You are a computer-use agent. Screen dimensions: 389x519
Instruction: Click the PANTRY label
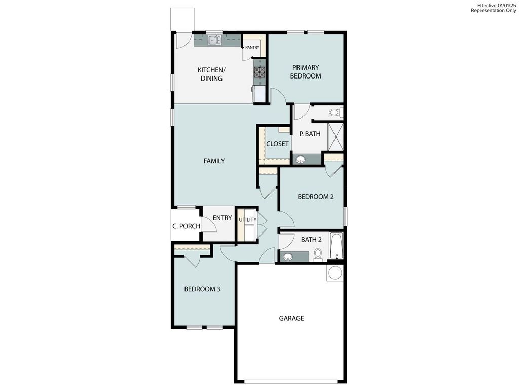[x=252, y=48]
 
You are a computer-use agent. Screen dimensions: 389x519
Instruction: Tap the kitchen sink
[x=214, y=40]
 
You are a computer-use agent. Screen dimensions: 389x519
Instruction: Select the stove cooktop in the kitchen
[x=259, y=72]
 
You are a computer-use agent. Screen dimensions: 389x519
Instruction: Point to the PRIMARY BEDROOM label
[x=306, y=72]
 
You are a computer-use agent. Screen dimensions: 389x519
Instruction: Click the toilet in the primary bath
[x=335, y=112]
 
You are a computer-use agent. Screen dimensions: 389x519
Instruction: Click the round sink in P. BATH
[x=301, y=160]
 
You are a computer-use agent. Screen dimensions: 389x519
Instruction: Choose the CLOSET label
[x=277, y=144]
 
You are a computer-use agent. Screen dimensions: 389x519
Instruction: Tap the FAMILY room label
[x=214, y=161]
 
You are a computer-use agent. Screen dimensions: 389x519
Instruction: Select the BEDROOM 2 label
[x=315, y=197]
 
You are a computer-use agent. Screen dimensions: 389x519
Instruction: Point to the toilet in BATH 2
[x=318, y=256]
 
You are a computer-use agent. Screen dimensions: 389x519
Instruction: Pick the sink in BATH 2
[x=288, y=257]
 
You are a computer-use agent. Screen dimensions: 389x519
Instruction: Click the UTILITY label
[x=248, y=220]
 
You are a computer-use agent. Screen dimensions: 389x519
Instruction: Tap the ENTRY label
[x=222, y=218]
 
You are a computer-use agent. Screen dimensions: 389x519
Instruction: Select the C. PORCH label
[x=186, y=226]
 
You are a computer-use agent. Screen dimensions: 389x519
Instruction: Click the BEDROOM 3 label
[x=202, y=289]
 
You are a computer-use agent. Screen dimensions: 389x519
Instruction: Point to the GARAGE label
[x=291, y=318]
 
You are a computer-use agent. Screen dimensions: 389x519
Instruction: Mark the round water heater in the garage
[x=335, y=273]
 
